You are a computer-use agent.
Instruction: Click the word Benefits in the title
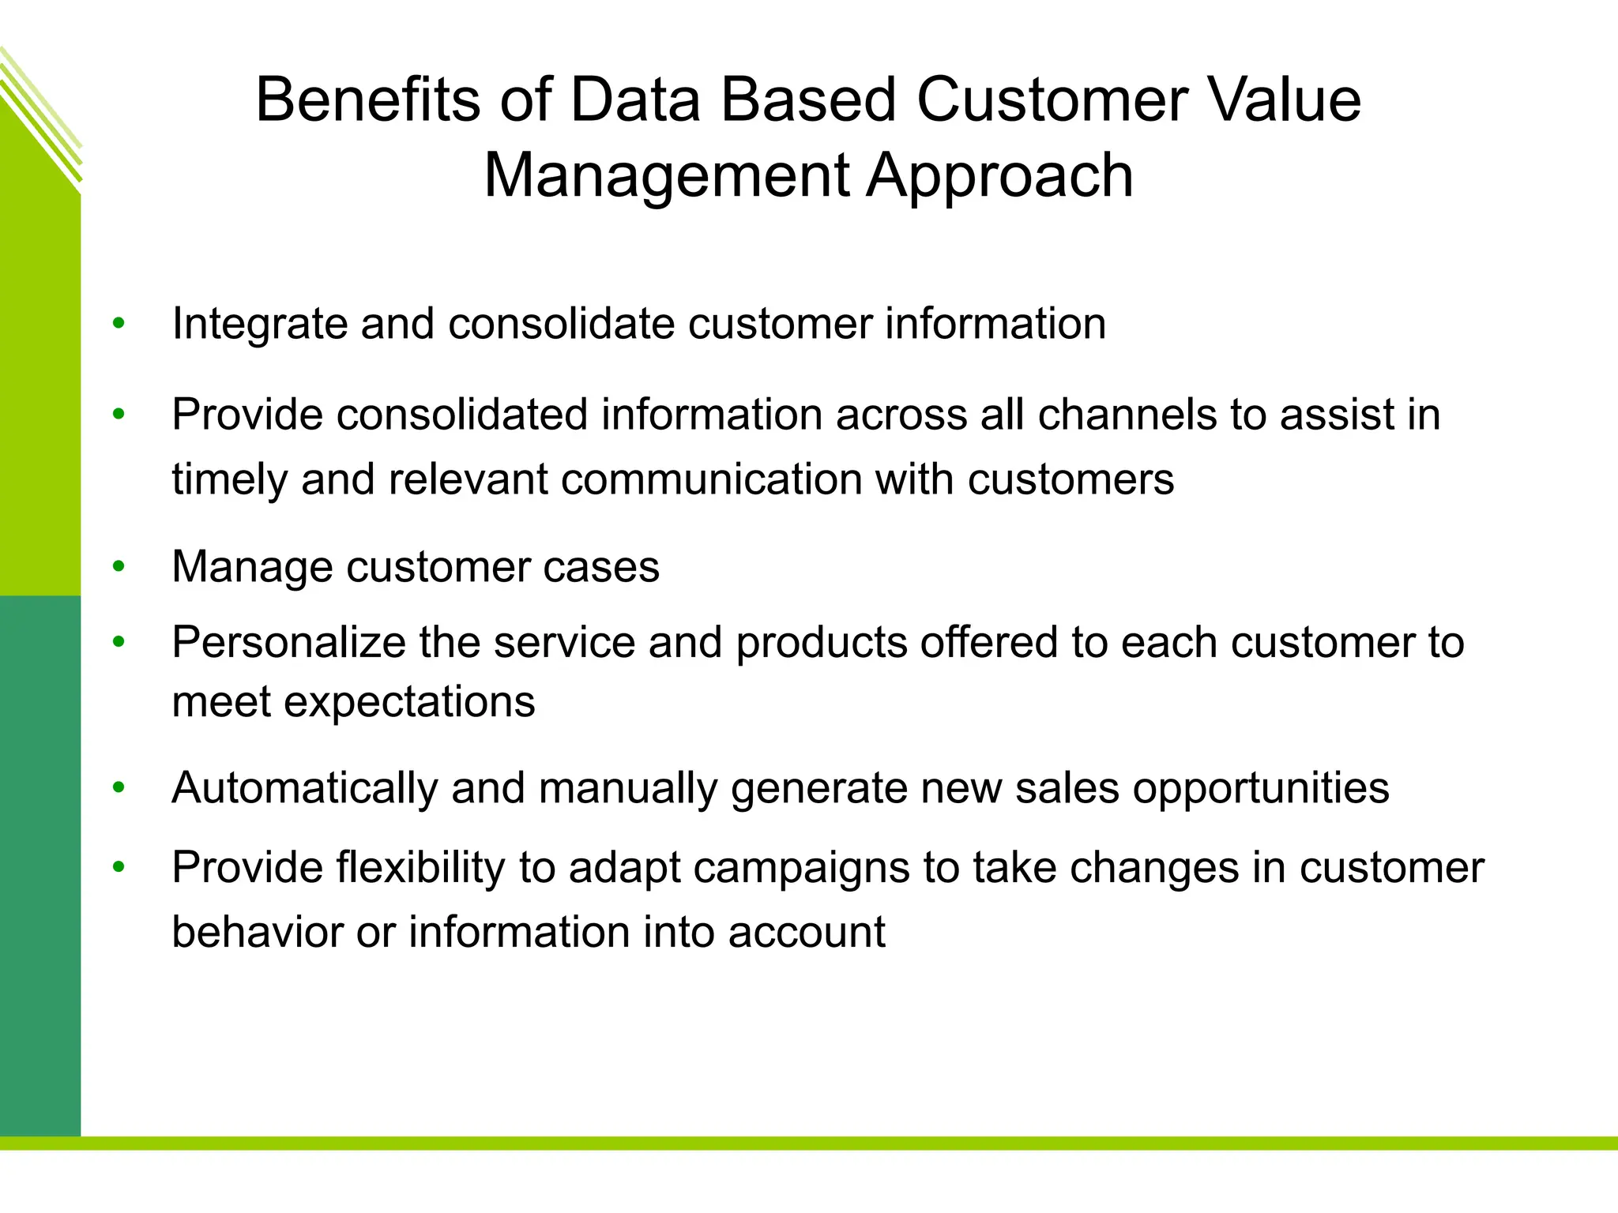368,100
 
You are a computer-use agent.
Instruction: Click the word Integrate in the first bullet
259,325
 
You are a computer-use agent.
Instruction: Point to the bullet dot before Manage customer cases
119,566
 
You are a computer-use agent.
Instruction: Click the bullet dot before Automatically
119,787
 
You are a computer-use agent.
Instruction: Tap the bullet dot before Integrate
119,323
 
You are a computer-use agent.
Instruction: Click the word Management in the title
666,176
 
